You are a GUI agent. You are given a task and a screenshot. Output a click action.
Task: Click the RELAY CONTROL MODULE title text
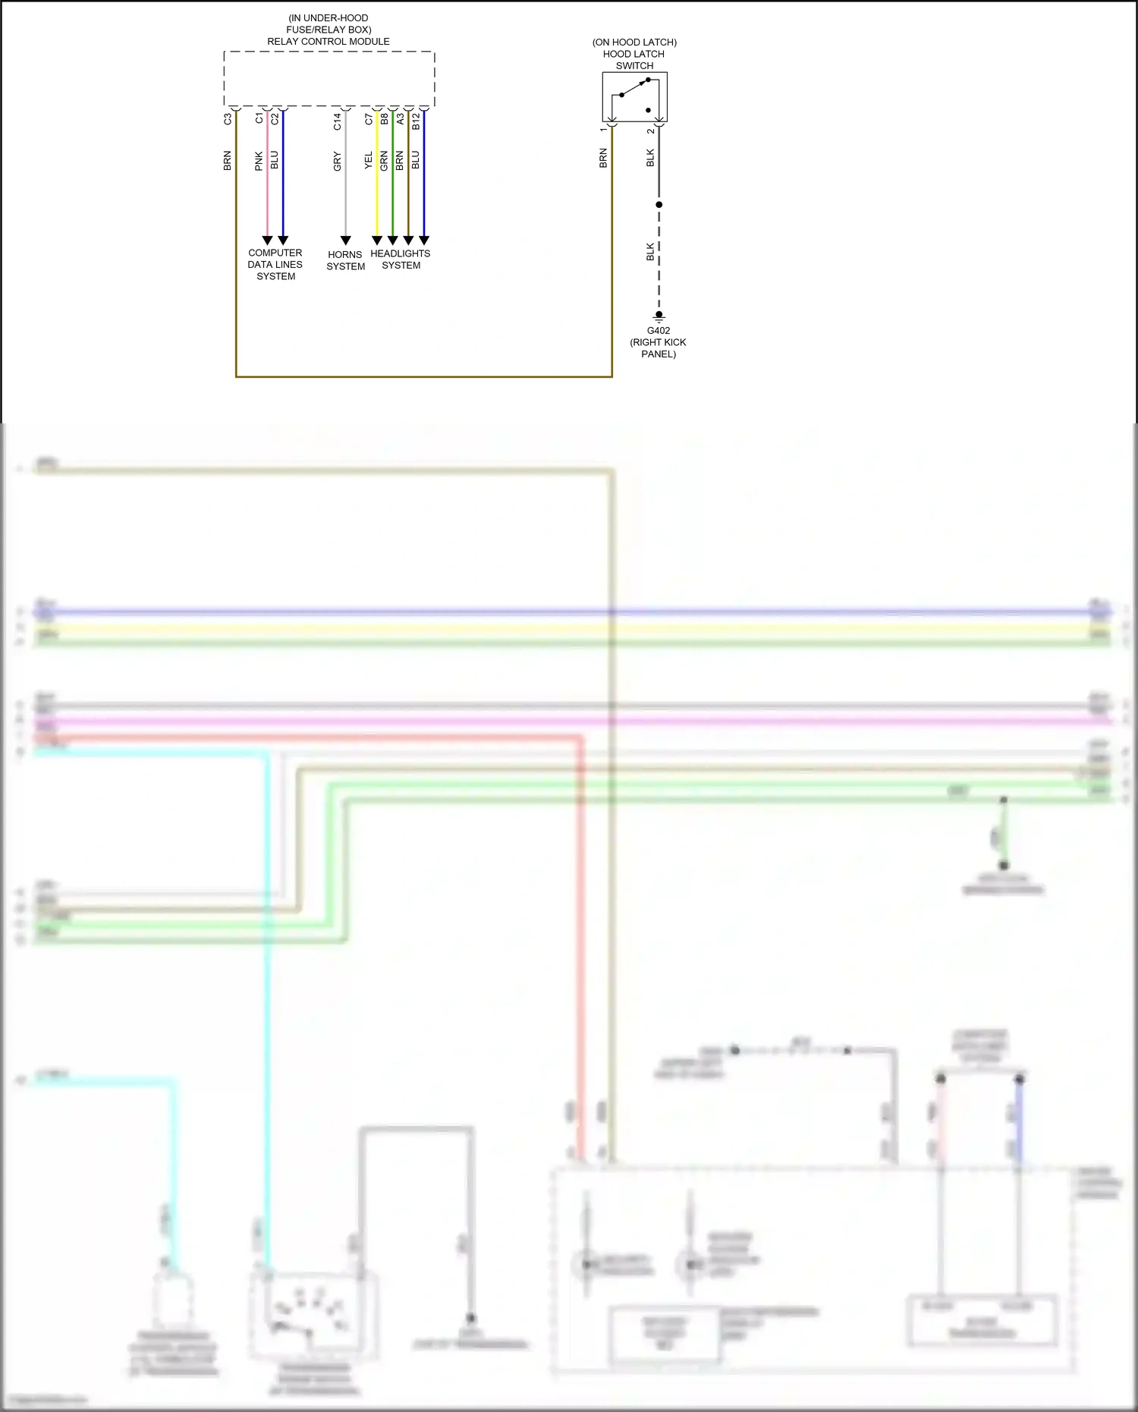(x=329, y=42)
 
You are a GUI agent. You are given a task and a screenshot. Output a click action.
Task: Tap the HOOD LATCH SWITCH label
(x=634, y=55)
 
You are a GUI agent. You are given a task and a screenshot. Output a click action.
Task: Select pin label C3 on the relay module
(x=228, y=119)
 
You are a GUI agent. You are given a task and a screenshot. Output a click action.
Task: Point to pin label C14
(x=338, y=121)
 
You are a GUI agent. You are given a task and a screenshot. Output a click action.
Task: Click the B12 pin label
(x=416, y=121)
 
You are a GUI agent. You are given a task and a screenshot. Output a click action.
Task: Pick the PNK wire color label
(x=259, y=160)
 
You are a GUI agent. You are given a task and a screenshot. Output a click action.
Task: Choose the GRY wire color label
(x=338, y=161)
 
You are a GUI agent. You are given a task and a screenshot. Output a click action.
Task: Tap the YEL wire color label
(x=369, y=160)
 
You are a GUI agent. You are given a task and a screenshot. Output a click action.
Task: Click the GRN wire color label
(x=384, y=160)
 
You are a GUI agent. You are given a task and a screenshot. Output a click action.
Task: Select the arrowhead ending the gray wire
(x=346, y=241)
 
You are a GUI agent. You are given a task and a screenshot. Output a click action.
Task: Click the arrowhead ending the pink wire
(x=267, y=241)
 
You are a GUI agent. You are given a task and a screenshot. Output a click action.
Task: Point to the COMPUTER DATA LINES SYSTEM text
(x=275, y=265)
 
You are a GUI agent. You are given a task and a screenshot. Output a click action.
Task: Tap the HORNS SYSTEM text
(x=346, y=260)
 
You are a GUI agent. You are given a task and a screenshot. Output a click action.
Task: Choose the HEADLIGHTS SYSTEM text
(x=401, y=259)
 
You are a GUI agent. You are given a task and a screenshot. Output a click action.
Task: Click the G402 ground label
(x=659, y=331)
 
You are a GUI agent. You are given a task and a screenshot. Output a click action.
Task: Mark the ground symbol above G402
(x=659, y=315)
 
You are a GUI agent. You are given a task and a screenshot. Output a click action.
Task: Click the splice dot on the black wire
(x=659, y=205)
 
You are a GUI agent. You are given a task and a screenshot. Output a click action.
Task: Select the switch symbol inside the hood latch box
(x=635, y=96)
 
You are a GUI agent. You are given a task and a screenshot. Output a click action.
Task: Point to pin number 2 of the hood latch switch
(x=650, y=131)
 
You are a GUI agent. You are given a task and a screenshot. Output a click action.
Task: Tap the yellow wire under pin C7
(x=377, y=197)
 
